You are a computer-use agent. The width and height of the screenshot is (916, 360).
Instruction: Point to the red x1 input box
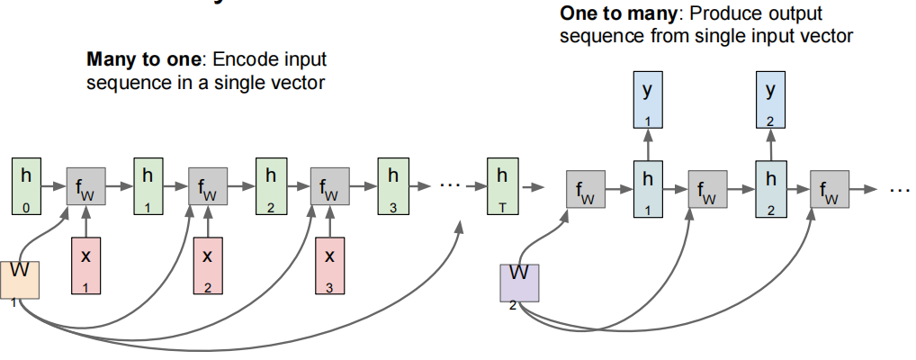(x=86, y=267)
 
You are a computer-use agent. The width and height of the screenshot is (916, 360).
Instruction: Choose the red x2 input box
(x=208, y=267)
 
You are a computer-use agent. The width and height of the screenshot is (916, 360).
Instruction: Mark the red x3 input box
(x=329, y=267)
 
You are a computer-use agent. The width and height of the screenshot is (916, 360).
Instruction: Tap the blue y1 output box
(x=645, y=102)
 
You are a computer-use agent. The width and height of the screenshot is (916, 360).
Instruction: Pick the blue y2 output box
(x=769, y=102)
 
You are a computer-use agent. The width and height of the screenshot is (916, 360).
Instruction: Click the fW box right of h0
(x=86, y=190)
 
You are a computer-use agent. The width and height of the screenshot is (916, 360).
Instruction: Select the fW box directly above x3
(x=329, y=190)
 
